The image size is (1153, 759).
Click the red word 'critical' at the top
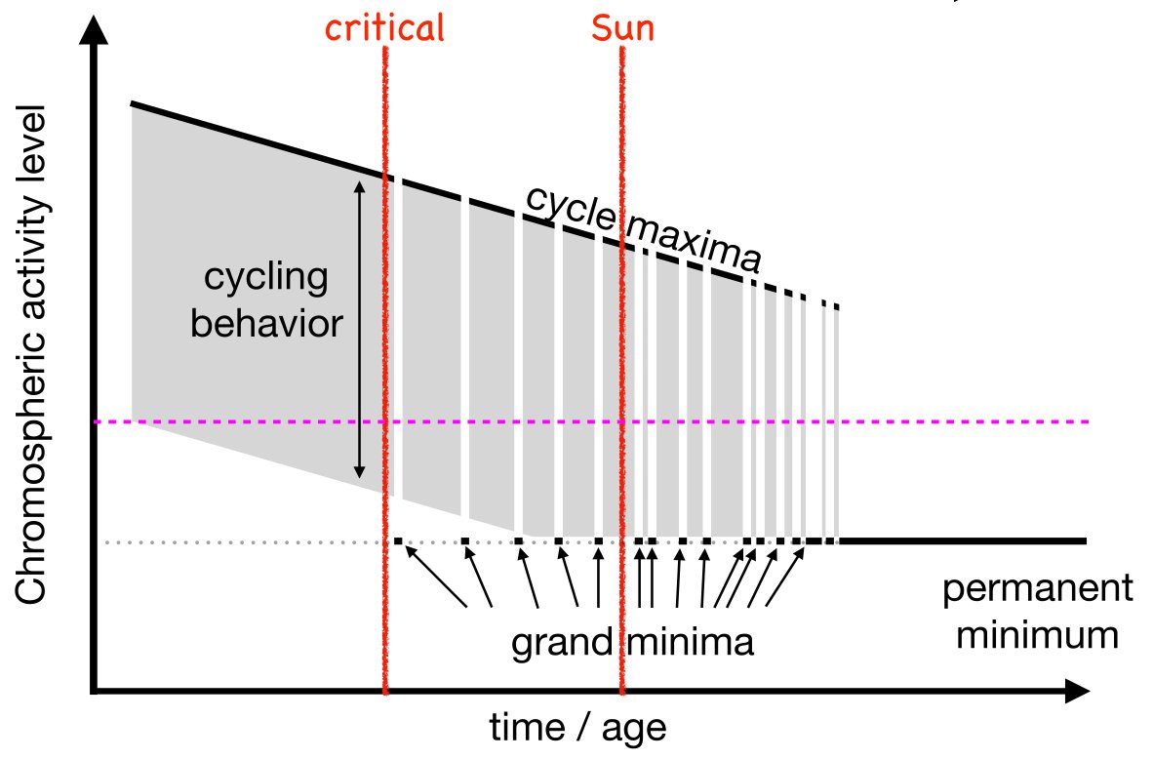click(x=384, y=28)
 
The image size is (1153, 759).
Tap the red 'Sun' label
click(x=622, y=28)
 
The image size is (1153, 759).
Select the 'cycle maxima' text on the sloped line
click(x=644, y=228)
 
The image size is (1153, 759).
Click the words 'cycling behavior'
click(x=266, y=300)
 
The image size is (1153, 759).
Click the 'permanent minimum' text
click(x=1036, y=613)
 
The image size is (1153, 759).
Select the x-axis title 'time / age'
click(x=579, y=727)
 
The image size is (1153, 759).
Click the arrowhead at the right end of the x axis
click(x=1077, y=693)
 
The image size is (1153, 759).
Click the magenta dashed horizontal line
click(x=878, y=422)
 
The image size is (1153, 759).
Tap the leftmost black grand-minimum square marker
click(x=398, y=540)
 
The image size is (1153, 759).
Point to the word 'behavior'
click(x=266, y=322)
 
